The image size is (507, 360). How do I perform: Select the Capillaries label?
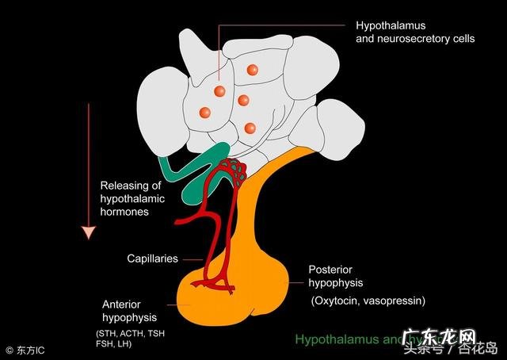coord(152,259)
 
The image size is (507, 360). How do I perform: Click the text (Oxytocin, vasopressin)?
coord(368,301)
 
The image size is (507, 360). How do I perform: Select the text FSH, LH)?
coord(113,344)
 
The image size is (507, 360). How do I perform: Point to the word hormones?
coord(124,213)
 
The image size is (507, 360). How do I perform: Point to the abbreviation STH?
coord(106,332)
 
